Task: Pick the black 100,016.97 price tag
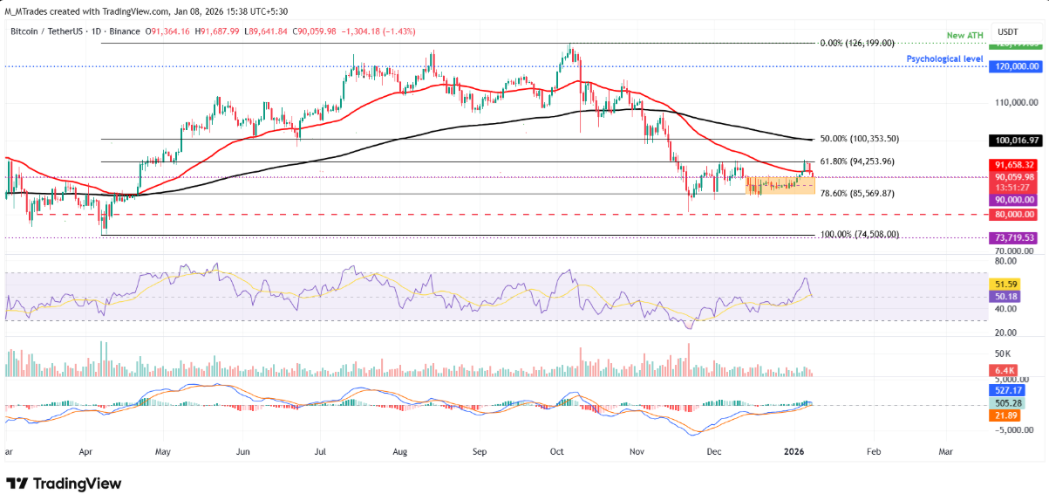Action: [x=1015, y=140]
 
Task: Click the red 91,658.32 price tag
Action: [x=1015, y=164]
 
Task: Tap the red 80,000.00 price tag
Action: [x=1015, y=214]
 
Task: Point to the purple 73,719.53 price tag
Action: [x=1015, y=237]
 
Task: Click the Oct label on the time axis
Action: [x=558, y=452]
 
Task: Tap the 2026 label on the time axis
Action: [x=793, y=452]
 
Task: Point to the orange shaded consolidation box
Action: [x=779, y=185]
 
